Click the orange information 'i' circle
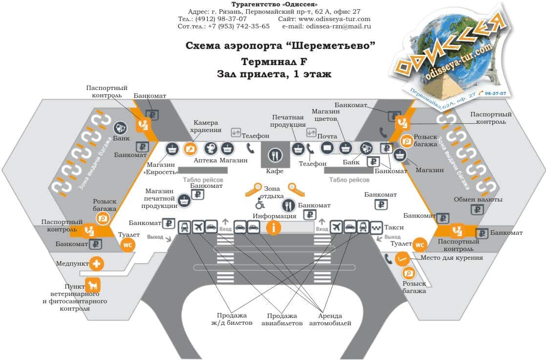point(273,227)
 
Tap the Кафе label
point(274,171)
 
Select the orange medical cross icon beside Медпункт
point(96,264)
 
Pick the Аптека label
point(205,160)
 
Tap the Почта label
point(327,136)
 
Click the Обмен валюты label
point(478,200)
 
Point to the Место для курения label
point(452,258)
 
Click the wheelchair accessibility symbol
point(260,205)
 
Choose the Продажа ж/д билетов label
point(233,319)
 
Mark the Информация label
point(274,216)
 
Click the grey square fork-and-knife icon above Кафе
point(275,156)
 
